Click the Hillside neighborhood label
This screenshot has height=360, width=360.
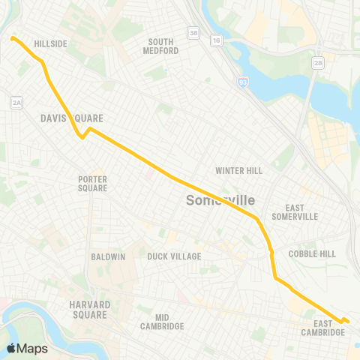coord(50,44)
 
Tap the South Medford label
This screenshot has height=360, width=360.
coord(163,46)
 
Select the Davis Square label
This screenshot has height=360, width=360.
coord(71,118)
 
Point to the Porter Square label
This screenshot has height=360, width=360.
coord(93,184)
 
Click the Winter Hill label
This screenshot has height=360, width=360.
coord(239,171)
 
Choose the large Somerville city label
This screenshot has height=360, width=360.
coord(220,200)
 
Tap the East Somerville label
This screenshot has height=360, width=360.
coord(296,211)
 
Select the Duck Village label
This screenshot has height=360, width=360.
coord(175,256)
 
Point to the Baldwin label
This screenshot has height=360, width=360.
coord(108,256)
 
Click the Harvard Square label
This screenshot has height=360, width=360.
coord(90,309)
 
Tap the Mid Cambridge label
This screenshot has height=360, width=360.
coord(162,322)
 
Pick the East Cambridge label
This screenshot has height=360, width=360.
coord(323,328)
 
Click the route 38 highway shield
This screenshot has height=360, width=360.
coord(193,33)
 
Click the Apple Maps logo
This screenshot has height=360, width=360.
coord(26,348)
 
